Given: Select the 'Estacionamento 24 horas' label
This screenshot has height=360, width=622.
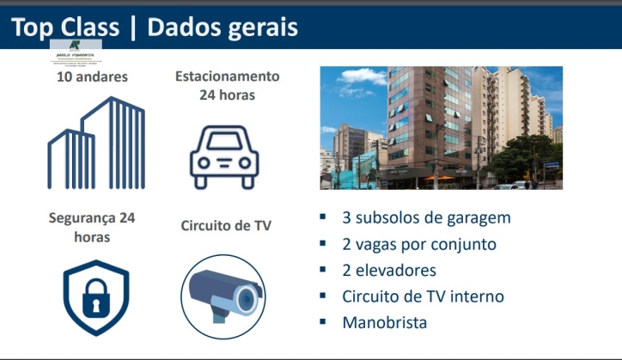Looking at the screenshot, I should click(227, 85).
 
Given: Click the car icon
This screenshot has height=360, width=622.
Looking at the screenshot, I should click(224, 157).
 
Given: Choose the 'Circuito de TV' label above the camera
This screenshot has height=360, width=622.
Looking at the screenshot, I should click(226, 226).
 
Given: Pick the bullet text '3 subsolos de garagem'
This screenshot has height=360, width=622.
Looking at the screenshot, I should click(426, 217).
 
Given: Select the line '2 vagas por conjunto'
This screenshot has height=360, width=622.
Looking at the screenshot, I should click(418, 244).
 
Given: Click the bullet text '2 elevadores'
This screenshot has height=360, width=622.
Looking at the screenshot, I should click(389, 271).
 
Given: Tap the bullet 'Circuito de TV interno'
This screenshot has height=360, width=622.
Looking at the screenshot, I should click(423, 296).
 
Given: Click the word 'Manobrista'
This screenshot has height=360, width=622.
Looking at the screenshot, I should click(384, 323).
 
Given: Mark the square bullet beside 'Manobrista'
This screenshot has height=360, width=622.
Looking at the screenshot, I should click(323, 322).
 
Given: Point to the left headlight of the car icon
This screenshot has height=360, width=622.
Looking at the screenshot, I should click(205, 162).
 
